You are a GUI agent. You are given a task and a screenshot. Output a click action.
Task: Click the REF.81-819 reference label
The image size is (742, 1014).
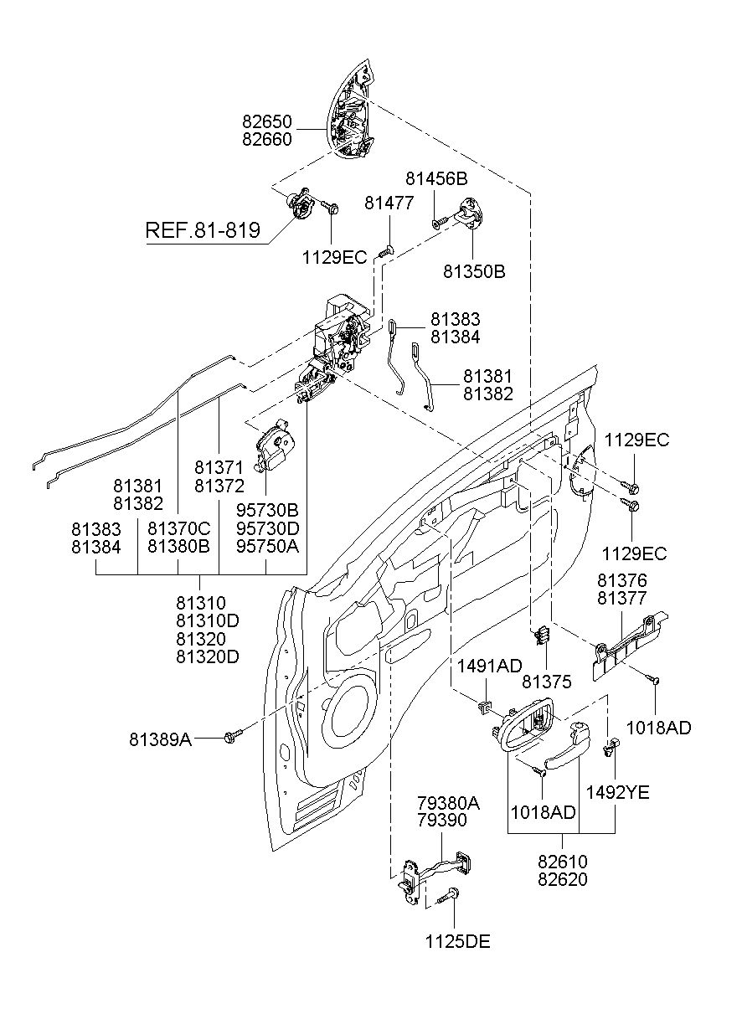(x=203, y=230)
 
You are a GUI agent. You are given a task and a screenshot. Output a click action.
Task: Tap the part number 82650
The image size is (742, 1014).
(x=266, y=121)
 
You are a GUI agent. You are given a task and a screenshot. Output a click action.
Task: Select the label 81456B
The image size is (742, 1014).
(x=436, y=179)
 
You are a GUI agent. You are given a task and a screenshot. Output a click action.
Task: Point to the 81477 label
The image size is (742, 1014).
(x=389, y=203)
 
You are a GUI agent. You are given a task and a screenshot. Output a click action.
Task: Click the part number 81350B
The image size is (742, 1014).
(x=473, y=271)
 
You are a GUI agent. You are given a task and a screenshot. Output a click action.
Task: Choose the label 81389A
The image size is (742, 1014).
(x=160, y=739)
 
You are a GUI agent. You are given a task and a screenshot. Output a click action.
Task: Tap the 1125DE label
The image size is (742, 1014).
(x=457, y=941)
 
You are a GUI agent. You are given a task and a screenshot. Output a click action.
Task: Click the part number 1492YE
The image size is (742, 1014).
(x=617, y=792)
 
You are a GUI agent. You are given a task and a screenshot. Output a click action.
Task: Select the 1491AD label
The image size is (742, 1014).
(x=489, y=666)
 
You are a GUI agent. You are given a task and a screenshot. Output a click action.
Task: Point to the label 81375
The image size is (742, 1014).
(x=546, y=682)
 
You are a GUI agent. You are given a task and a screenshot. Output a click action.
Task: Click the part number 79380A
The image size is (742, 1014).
(x=448, y=804)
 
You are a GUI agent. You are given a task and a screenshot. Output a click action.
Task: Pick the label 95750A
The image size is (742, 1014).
(x=267, y=546)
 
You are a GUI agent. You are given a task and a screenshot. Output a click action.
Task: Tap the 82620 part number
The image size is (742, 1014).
(x=562, y=879)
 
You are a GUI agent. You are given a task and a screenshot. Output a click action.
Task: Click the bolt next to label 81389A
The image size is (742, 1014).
(x=232, y=738)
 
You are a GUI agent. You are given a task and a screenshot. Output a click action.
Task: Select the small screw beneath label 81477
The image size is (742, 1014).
(x=385, y=250)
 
